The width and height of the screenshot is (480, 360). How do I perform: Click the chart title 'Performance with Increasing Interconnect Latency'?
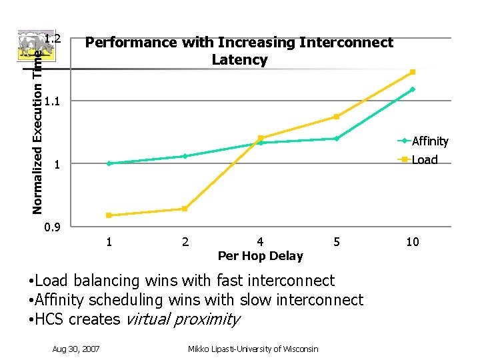point(239,51)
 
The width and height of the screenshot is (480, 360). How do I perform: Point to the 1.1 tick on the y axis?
point(54,101)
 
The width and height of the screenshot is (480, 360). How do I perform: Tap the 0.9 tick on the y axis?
point(51,228)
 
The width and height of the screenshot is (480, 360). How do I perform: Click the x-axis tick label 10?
point(413,241)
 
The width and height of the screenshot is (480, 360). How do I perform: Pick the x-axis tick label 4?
point(260,241)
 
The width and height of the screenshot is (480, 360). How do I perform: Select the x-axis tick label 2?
point(185,241)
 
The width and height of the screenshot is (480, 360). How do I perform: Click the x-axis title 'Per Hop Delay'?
point(260,256)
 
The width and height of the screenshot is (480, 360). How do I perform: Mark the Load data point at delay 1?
point(109,215)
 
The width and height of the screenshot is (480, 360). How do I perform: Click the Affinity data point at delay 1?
point(109,163)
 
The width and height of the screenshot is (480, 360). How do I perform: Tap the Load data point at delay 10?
point(413,72)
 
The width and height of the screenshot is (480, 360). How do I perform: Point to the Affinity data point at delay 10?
point(413,89)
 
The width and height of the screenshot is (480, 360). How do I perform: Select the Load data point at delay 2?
point(185,209)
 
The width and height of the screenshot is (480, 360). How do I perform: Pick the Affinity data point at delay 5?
point(337,139)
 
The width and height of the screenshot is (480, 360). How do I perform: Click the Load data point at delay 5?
point(337,117)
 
